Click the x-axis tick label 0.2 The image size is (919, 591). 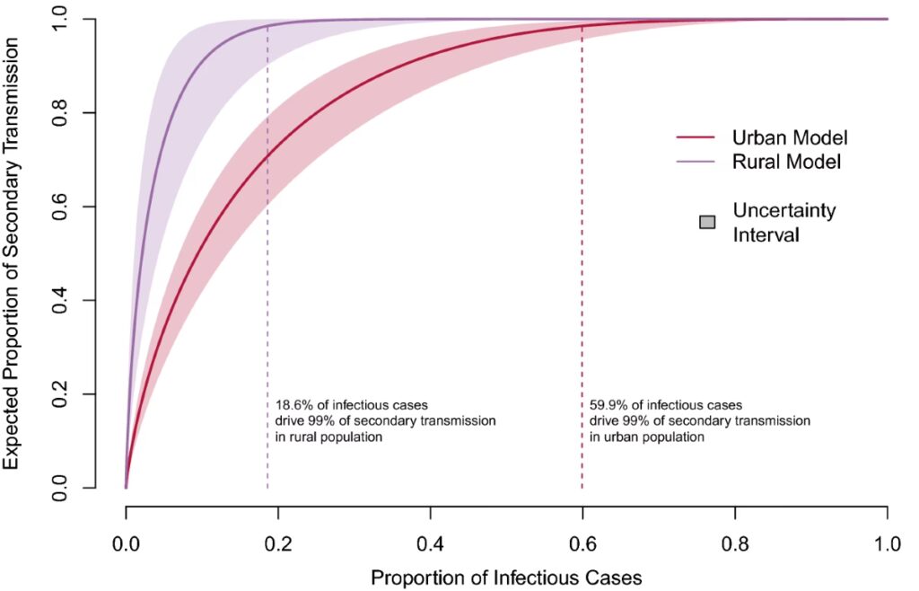click(x=278, y=543)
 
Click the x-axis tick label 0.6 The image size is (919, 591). click(x=582, y=543)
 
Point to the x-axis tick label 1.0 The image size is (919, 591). click(x=888, y=543)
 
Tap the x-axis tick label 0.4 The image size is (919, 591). click(x=431, y=543)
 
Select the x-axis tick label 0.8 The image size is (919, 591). click(x=735, y=543)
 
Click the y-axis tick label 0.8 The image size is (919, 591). click(x=61, y=113)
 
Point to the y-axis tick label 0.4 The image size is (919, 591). click(x=61, y=301)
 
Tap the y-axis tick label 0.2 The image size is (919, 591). click(x=61, y=394)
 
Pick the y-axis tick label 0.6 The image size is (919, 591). click(x=61, y=207)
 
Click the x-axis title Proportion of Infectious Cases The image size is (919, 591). click(x=506, y=577)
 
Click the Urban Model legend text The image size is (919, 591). click(x=791, y=138)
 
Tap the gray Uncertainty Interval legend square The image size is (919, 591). click(x=707, y=222)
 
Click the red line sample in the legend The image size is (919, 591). click(x=696, y=138)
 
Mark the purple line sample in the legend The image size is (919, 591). click(x=696, y=163)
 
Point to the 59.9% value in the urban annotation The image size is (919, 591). click(x=605, y=405)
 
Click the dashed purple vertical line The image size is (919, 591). click(x=267, y=269)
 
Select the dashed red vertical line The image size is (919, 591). click(x=582, y=269)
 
